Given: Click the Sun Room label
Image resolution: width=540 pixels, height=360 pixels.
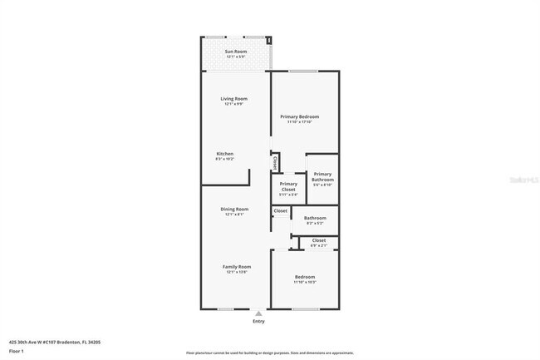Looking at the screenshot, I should point(235,52).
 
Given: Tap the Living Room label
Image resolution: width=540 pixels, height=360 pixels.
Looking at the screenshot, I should point(235,99).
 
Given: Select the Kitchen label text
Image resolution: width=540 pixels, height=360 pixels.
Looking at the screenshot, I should point(225,154).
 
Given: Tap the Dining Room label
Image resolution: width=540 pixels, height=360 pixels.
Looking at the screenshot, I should point(234,209).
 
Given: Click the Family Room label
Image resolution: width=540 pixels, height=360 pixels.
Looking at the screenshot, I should point(236,266).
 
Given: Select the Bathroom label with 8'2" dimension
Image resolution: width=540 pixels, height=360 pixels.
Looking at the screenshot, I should point(315,218).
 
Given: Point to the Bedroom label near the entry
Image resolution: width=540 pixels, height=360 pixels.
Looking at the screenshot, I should point(305,277).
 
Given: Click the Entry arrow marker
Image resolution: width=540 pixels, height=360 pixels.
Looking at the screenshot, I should point(258,313).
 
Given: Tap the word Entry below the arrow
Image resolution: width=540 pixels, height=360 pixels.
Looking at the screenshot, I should point(258,321).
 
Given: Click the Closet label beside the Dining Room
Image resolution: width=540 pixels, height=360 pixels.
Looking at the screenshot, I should point(280,210).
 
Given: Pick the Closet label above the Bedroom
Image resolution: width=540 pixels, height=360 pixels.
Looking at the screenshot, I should point(319,240).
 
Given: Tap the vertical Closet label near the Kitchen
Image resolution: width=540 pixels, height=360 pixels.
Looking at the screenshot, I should point(275,162).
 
